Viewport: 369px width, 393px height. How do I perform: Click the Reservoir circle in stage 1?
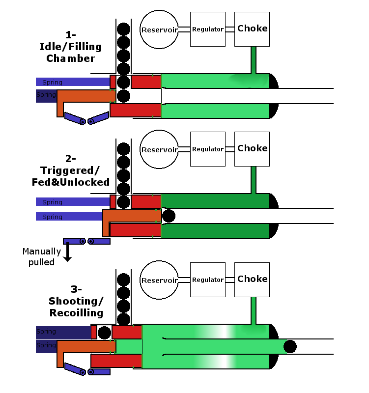tap(159, 29)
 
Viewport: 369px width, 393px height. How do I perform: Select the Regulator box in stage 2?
tap(208, 149)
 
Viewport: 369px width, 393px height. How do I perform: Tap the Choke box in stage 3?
tap(252, 279)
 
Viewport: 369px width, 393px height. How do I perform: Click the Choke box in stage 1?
tap(252, 29)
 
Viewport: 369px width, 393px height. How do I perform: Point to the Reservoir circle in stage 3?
tap(159, 281)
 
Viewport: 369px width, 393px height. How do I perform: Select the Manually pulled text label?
tap(42, 256)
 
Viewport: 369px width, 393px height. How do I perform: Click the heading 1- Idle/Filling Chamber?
tap(70, 47)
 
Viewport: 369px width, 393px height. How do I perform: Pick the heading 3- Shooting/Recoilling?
tap(76, 301)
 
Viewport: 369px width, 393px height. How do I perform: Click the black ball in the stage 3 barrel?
tap(290, 346)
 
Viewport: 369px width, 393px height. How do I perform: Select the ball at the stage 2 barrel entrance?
tap(169, 216)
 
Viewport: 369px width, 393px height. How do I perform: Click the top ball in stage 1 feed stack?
tap(123, 28)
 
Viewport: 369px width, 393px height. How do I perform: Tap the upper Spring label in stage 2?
tap(53, 202)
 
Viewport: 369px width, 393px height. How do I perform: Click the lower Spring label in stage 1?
tap(46, 95)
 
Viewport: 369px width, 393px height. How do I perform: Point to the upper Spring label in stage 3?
tap(46, 332)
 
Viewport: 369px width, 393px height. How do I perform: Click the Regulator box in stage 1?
tap(208, 29)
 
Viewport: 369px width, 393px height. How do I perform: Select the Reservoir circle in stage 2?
tap(159, 149)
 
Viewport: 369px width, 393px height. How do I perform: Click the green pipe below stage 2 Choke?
tap(254, 180)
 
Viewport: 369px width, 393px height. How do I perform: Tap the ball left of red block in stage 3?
tap(104, 333)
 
